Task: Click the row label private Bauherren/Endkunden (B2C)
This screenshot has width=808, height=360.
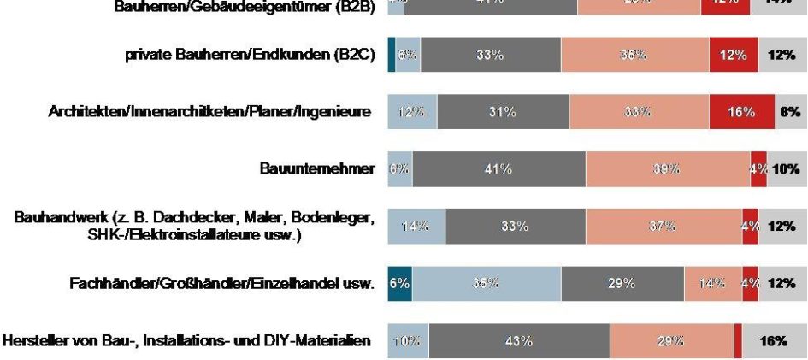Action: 248,56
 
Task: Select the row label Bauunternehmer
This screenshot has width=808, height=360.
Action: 317,169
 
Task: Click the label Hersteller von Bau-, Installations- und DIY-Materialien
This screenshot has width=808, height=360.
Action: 187,341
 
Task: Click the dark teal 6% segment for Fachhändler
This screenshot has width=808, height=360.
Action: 399,284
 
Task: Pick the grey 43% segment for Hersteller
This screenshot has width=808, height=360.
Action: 519,341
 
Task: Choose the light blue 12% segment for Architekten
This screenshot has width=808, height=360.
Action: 412,112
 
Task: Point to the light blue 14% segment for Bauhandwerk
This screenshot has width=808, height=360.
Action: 416,227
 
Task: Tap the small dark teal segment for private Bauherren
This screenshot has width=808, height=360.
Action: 391,56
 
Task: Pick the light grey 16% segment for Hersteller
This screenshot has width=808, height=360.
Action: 775,341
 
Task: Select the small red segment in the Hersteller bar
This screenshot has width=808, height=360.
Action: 738,341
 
